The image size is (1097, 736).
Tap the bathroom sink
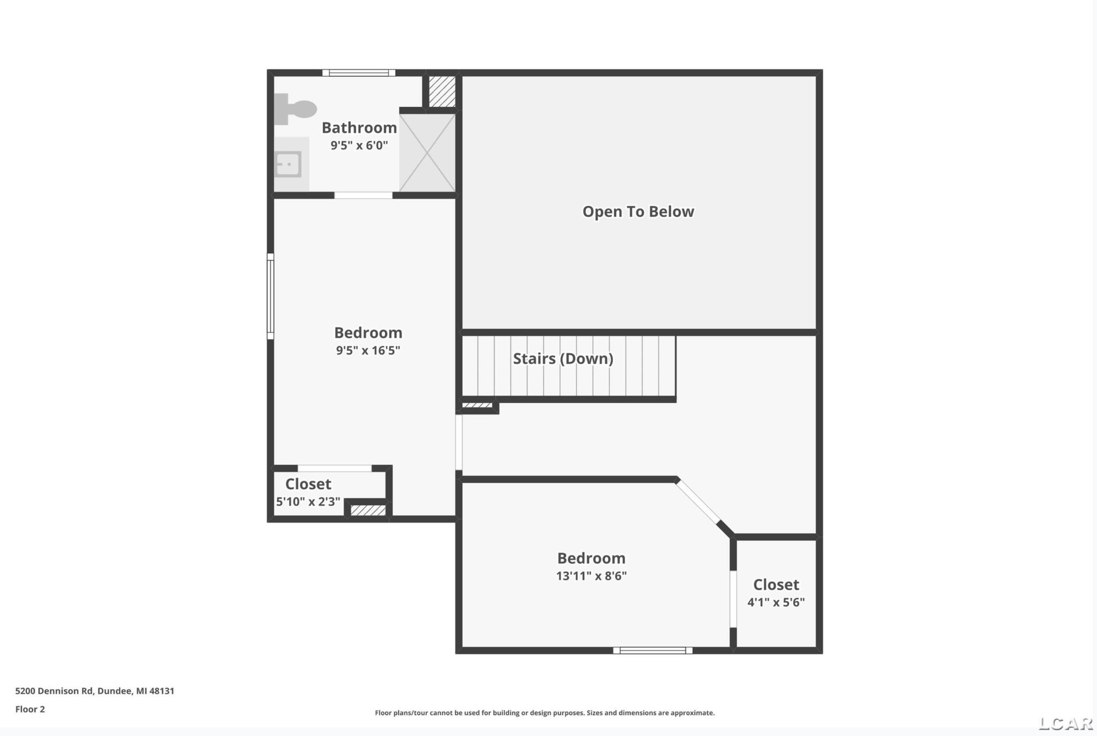tap(289, 164)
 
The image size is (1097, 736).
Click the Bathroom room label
tap(359, 128)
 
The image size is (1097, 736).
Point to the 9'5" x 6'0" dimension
tap(359, 146)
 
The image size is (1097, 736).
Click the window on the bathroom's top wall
tap(359, 73)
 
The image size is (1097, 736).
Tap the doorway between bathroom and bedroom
tap(364, 195)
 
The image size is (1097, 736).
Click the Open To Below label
tap(638, 212)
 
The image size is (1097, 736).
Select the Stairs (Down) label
tap(563, 358)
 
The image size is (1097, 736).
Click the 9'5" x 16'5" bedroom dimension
tap(368, 351)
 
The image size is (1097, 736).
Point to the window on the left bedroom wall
tap(271, 296)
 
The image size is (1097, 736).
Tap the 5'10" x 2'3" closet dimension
tap(308, 502)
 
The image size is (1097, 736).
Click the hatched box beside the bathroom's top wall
tap(442, 92)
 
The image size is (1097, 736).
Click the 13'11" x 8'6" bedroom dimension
tap(592, 576)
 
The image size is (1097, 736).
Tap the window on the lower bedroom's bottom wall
tap(653, 651)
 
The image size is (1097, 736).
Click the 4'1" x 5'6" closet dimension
tap(776, 602)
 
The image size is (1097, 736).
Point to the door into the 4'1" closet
tap(733, 599)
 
